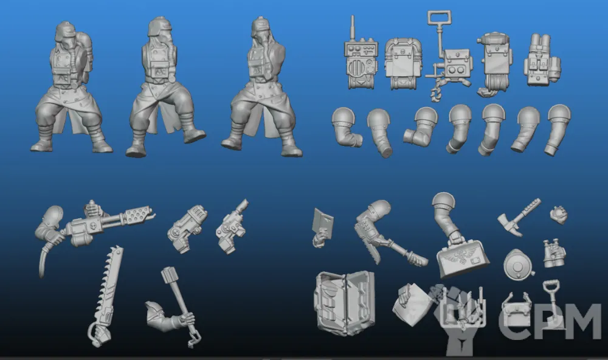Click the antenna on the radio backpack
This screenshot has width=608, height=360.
click(x=353, y=28)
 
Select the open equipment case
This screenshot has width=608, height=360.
click(x=345, y=303)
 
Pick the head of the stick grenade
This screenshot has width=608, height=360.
click(x=170, y=275)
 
